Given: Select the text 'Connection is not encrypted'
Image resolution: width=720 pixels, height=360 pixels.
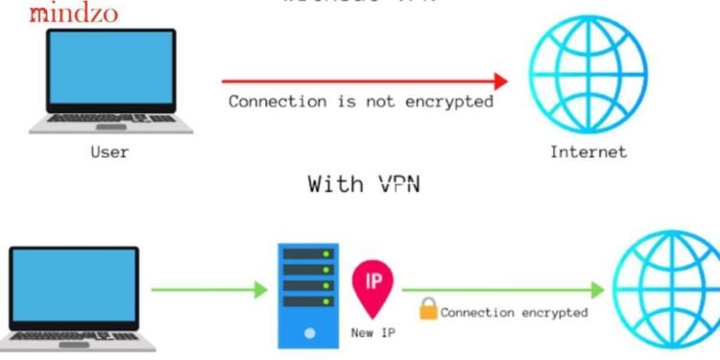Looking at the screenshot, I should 361,101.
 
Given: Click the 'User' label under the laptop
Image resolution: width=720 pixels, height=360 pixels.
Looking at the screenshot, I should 109,151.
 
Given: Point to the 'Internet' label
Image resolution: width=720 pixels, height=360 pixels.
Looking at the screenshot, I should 588,151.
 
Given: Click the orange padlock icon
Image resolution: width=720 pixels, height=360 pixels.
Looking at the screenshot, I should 427,309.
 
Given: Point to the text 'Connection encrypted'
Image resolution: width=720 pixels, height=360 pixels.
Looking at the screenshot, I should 514,312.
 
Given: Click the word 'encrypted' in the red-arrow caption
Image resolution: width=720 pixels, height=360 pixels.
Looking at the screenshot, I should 451,101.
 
